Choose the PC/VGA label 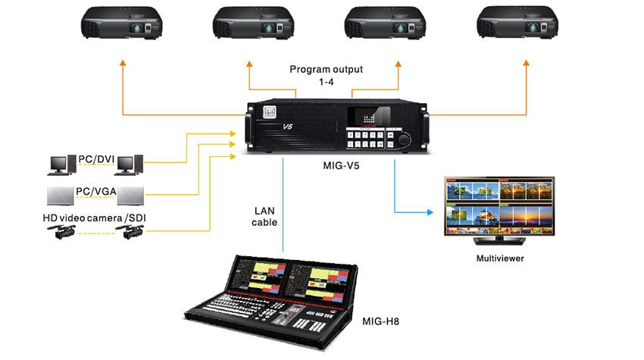96,191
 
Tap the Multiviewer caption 499,258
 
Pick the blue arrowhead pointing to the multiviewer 437,208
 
